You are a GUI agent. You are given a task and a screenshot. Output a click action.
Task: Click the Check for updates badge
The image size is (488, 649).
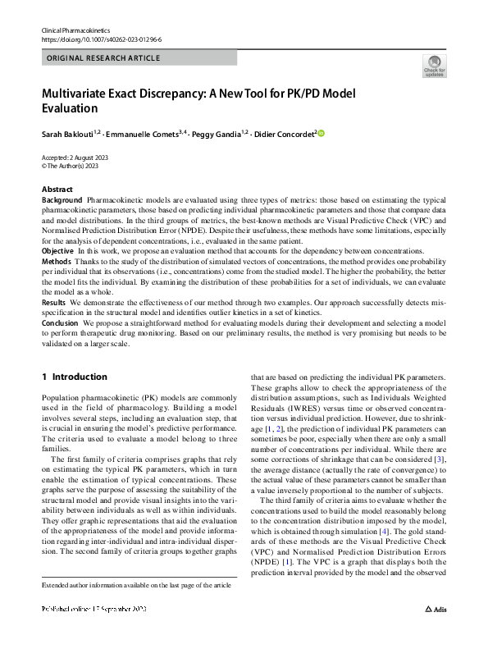pyautogui.click(x=434, y=66)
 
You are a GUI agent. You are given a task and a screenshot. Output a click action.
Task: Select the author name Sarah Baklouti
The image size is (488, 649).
pyautogui.click(x=68, y=134)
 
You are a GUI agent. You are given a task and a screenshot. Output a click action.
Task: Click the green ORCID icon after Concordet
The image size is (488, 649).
pyautogui.click(x=322, y=133)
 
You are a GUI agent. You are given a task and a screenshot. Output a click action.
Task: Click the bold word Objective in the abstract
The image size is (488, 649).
pyautogui.click(x=58, y=249)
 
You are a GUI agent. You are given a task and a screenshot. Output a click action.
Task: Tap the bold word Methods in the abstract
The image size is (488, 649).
pyautogui.click(x=57, y=260)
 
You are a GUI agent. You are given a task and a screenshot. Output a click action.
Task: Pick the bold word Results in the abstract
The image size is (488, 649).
pyautogui.click(x=54, y=303)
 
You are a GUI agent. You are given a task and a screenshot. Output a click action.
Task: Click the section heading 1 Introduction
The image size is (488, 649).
pyautogui.click(x=74, y=377)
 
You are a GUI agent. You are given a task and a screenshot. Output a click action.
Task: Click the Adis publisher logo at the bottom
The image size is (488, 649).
pyautogui.click(x=435, y=633)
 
